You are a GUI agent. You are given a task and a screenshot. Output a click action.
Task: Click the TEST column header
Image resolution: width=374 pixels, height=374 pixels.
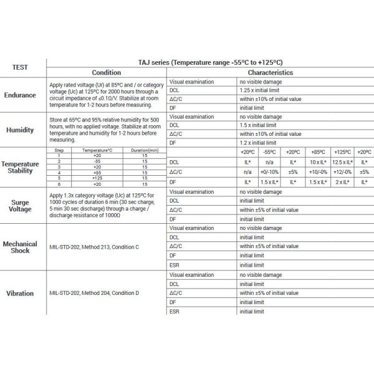tap(23, 67)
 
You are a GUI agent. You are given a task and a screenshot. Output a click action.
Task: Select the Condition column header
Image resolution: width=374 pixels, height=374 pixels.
tap(106, 72)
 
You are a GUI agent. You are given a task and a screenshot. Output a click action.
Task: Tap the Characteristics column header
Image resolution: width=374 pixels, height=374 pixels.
tap(271, 72)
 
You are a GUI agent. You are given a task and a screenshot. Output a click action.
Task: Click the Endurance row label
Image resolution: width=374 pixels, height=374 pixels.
tap(23, 95)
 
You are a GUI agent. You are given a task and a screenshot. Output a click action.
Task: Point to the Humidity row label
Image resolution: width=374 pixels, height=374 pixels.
tap(23, 130)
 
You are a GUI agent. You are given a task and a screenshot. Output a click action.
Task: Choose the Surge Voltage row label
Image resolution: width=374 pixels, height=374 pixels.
tap(23, 206)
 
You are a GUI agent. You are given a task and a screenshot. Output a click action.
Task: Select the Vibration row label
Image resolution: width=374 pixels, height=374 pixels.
tap(23, 293)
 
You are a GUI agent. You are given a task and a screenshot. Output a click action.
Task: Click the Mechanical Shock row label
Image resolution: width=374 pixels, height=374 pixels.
tap(23, 247)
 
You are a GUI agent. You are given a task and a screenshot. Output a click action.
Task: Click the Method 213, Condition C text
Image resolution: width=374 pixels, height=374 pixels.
tap(93, 247)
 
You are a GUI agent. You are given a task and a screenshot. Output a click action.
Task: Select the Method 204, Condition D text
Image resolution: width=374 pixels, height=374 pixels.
tap(93, 293)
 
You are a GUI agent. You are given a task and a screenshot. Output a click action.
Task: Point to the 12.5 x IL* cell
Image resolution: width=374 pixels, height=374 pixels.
tap(341, 161)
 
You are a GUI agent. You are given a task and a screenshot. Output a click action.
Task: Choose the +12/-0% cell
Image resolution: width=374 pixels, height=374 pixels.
tap(341, 171)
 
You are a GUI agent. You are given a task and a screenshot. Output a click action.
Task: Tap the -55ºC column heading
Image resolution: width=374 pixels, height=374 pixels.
tap(270, 151)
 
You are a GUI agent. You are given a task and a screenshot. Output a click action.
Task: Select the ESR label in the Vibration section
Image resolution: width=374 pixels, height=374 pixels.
tap(175, 311)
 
